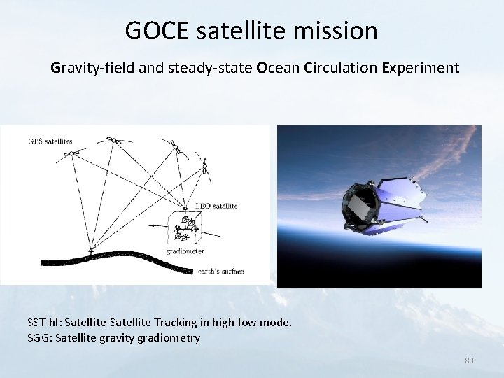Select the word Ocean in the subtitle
(x=279, y=69)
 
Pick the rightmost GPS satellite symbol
(x=205, y=166)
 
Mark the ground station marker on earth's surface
(x=91, y=248)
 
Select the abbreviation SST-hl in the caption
(x=43, y=323)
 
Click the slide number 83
(x=469, y=360)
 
